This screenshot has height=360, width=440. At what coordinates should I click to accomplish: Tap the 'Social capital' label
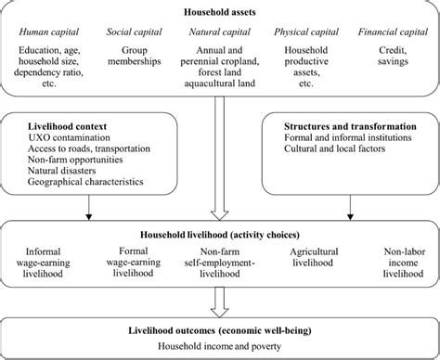pyautogui.click(x=136, y=33)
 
